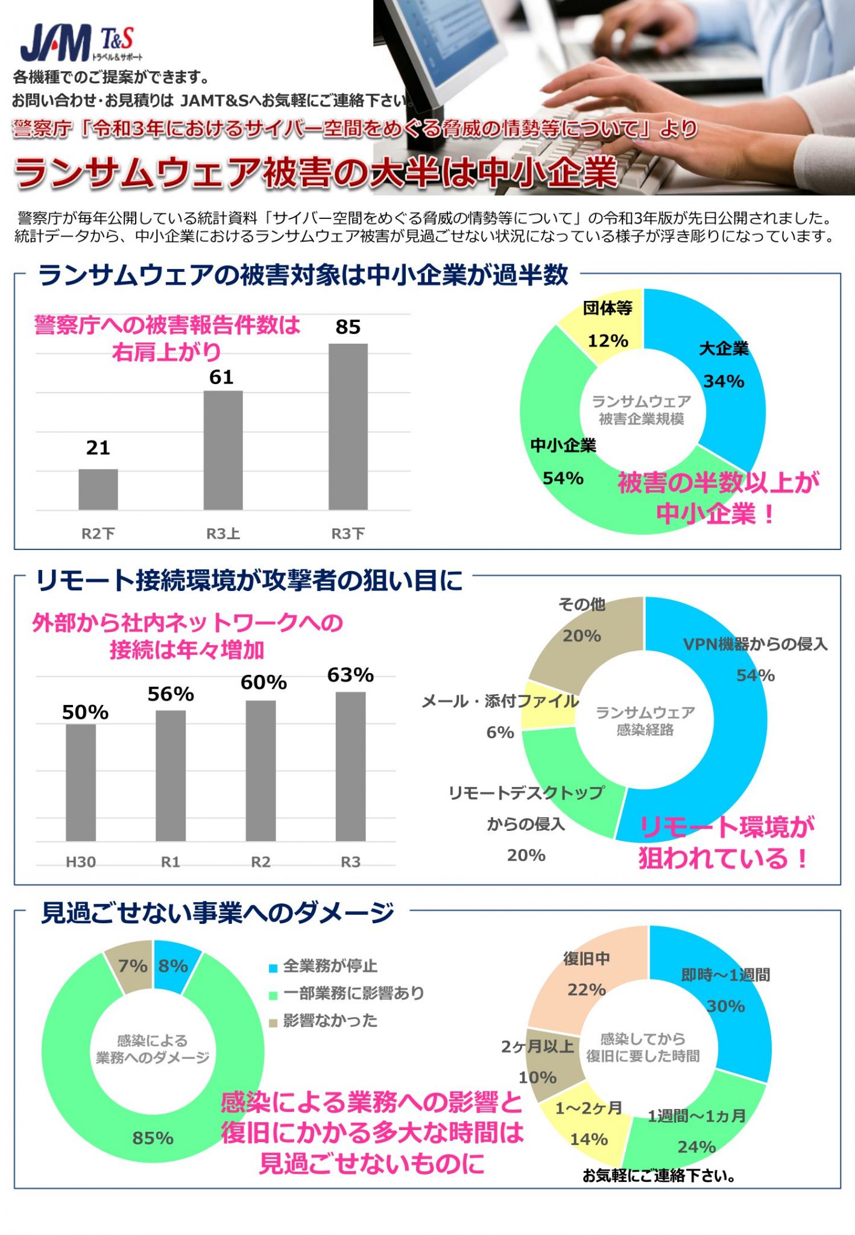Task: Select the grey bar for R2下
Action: click(98, 489)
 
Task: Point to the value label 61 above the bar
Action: click(221, 377)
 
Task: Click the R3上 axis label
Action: click(223, 533)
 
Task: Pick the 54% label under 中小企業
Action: click(563, 478)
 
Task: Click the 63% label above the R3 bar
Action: click(350, 675)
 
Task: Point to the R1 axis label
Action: click(171, 862)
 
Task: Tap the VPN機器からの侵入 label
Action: click(755, 644)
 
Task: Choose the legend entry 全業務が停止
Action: click(329, 966)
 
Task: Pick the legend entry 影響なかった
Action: click(329, 1020)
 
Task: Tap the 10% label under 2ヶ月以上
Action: click(537, 1077)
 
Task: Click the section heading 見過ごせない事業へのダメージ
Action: click(217, 912)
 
